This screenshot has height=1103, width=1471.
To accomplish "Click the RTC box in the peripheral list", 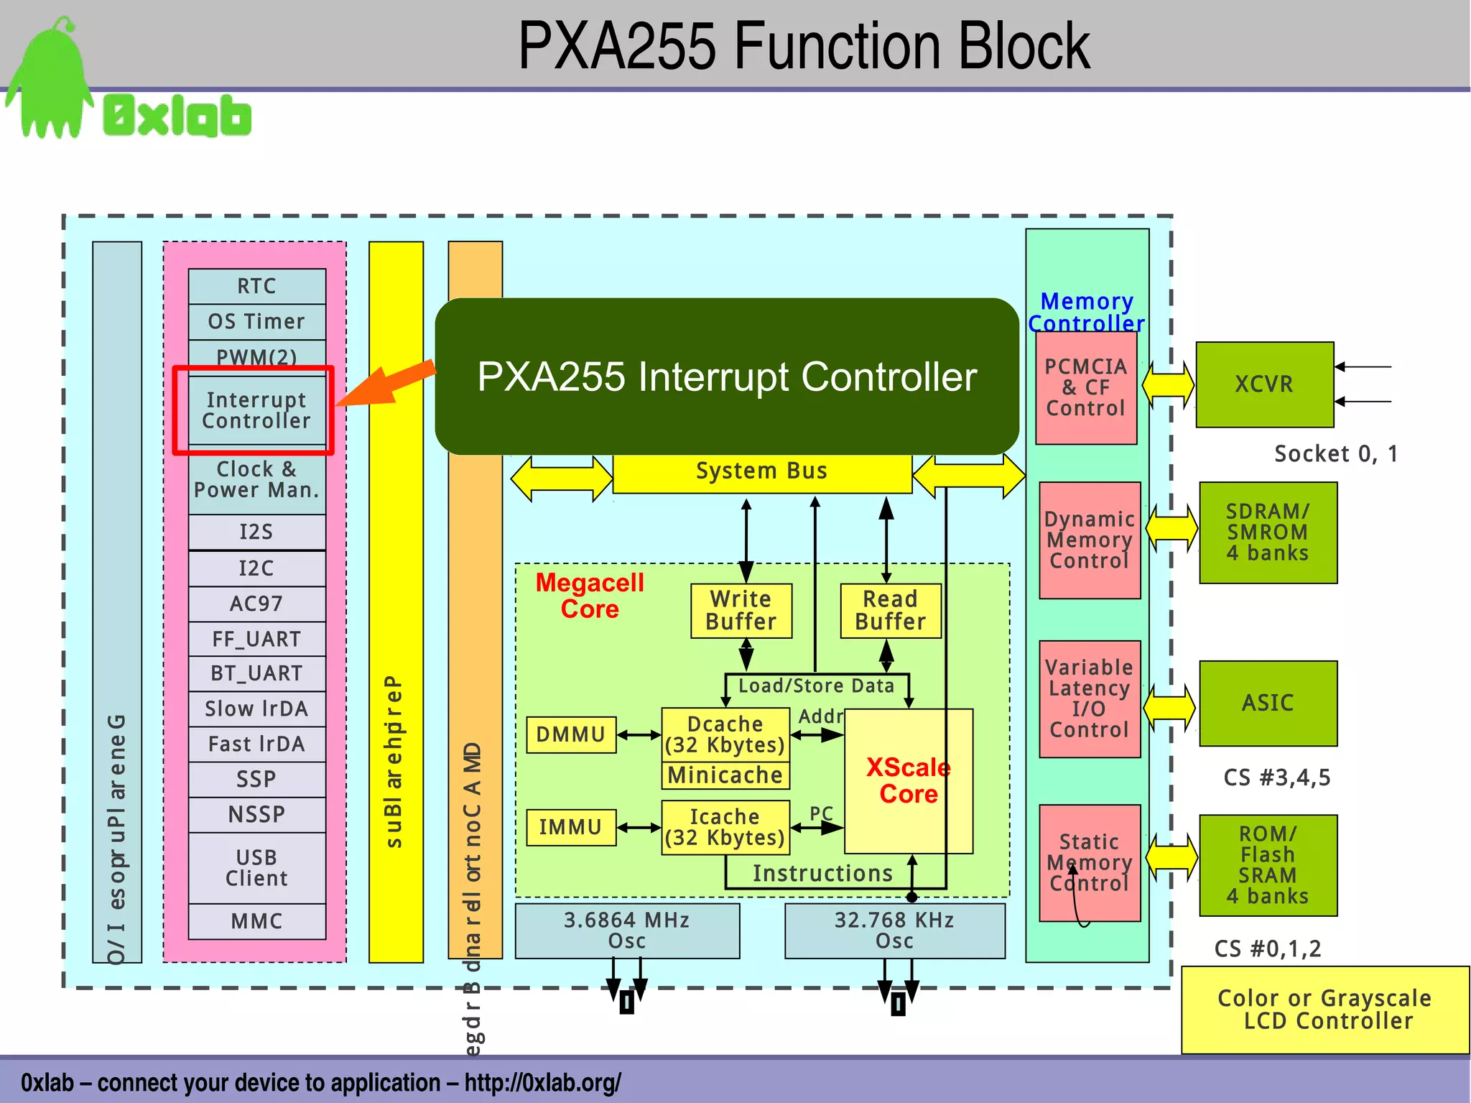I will click(x=256, y=286).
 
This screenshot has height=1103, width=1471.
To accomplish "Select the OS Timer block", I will click(x=256, y=321).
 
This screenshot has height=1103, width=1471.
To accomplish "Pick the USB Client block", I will click(x=256, y=867).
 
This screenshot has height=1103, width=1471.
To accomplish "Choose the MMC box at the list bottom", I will click(x=256, y=921).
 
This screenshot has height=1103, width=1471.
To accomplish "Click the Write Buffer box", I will click(x=741, y=611).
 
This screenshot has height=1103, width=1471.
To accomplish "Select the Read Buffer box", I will click(x=890, y=611).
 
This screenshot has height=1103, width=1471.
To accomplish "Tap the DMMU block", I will click(x=571, y=734).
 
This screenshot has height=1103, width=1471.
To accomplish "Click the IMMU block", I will click(x=571, y=826).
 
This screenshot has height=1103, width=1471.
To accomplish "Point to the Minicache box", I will click(x=725, y=775).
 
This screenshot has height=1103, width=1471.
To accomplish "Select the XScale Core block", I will click(x=908, y=781).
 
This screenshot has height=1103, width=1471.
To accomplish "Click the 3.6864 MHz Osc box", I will click(x=627, y=931).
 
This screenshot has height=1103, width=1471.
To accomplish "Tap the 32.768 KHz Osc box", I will click(x=894, y=931).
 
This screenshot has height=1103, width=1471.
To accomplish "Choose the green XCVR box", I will click(x=1264, y=384).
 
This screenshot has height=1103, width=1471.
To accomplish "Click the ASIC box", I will click(x=1268, y=703).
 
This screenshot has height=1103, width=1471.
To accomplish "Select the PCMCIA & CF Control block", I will click(x=1085, y=387).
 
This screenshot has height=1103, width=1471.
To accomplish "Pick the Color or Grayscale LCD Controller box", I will click(x=1324, y=1010).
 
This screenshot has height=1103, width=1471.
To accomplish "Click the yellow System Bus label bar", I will click(x=761, y=472).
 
